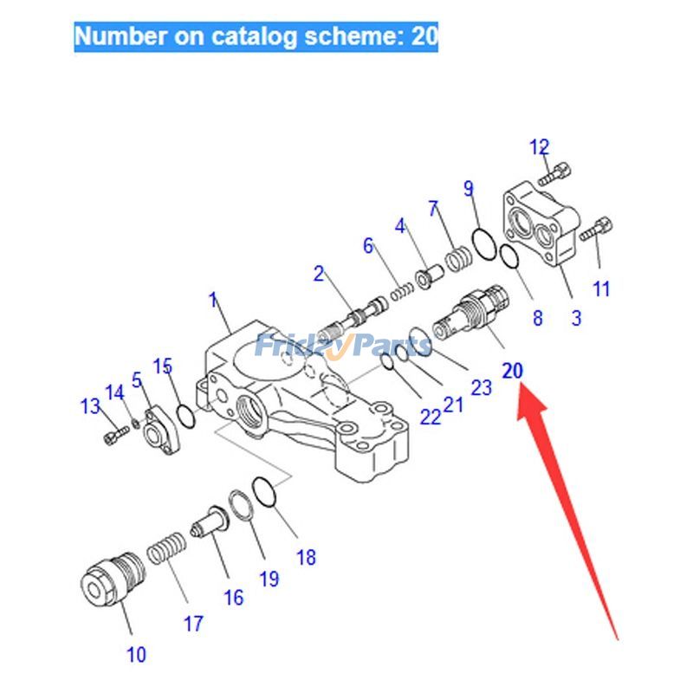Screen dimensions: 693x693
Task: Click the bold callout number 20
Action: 513,371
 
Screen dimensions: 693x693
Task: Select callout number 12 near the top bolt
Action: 540,147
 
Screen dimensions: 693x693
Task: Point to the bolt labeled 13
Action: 110,438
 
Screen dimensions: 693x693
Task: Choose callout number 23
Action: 481,387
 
